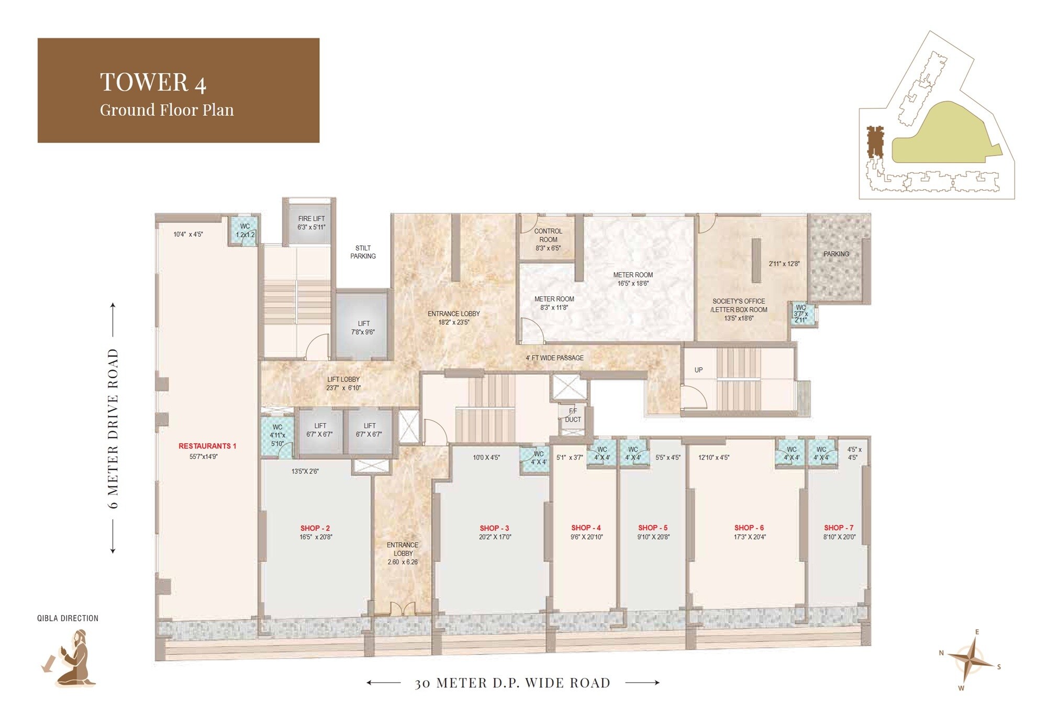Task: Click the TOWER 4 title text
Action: pos(153,82)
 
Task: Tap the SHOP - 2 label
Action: pos(315,528)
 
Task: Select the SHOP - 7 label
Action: pos(838,528)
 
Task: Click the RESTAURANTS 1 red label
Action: pos(207,446)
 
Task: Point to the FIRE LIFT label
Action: pos(311,219)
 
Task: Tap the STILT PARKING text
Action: pos(363,252)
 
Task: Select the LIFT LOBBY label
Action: pos(343,379)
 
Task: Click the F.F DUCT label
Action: pos(573,415)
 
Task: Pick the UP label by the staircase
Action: pos(698,370)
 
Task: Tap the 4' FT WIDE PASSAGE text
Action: pos(554,358)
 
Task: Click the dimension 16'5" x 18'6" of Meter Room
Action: pos(633,283)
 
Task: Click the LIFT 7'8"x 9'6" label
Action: pos(363,328)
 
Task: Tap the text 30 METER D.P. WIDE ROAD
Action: pos(513,683)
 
